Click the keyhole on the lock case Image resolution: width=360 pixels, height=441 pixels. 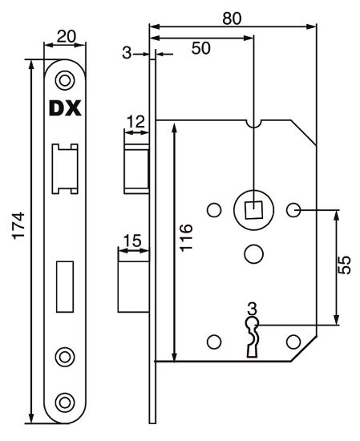(x=253, y=332)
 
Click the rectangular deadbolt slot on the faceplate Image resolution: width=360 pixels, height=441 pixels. (x=65, y=286)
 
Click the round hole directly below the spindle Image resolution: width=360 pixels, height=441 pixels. (x=253, y=253)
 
